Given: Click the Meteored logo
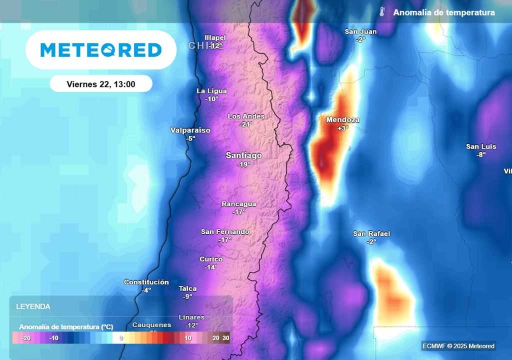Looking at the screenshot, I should (101, 50).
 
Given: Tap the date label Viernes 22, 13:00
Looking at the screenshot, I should (101, 84).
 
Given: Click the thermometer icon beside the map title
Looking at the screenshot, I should (382, 12).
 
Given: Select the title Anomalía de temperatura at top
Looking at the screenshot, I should (444, 12).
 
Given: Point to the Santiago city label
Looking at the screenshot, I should (243, 155).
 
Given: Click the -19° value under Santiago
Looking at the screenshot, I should (243, 164).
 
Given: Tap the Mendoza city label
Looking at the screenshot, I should (342, 120).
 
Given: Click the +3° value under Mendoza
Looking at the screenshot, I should (342, 128).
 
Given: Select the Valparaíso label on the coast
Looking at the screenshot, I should (190, 130).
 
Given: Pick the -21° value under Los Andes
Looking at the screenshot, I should (246, 124).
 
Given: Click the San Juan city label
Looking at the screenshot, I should (360, 31).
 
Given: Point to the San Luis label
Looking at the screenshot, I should (481, 146).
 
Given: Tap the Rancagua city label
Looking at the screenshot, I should (239, 204).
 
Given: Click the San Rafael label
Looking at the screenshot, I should (371, 233).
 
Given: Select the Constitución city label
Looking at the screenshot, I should (146, 282).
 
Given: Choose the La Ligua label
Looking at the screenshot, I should (211, 91).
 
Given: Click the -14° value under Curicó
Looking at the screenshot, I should (211, 267).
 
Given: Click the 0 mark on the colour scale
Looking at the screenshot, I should (121, 338).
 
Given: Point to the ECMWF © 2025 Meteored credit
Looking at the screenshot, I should (458, 346).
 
